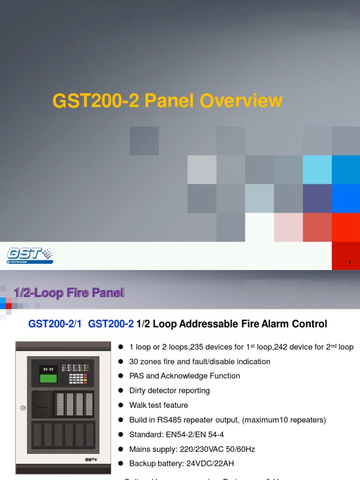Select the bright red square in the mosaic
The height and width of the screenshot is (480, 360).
[x=346, y=227]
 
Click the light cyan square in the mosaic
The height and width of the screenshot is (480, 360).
[x=317, y=170]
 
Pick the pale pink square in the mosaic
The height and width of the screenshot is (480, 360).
[x=288, y=227]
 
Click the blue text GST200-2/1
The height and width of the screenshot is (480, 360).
[x=55, y=324]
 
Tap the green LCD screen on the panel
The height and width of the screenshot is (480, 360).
[x=48, y=378]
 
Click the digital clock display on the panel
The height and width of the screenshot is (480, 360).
[x=48, y=368]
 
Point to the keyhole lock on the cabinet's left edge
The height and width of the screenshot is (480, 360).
[x=22, y=408]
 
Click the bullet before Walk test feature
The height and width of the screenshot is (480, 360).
[x=120, y=405]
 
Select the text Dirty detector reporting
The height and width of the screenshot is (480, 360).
[x=170, y=390]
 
